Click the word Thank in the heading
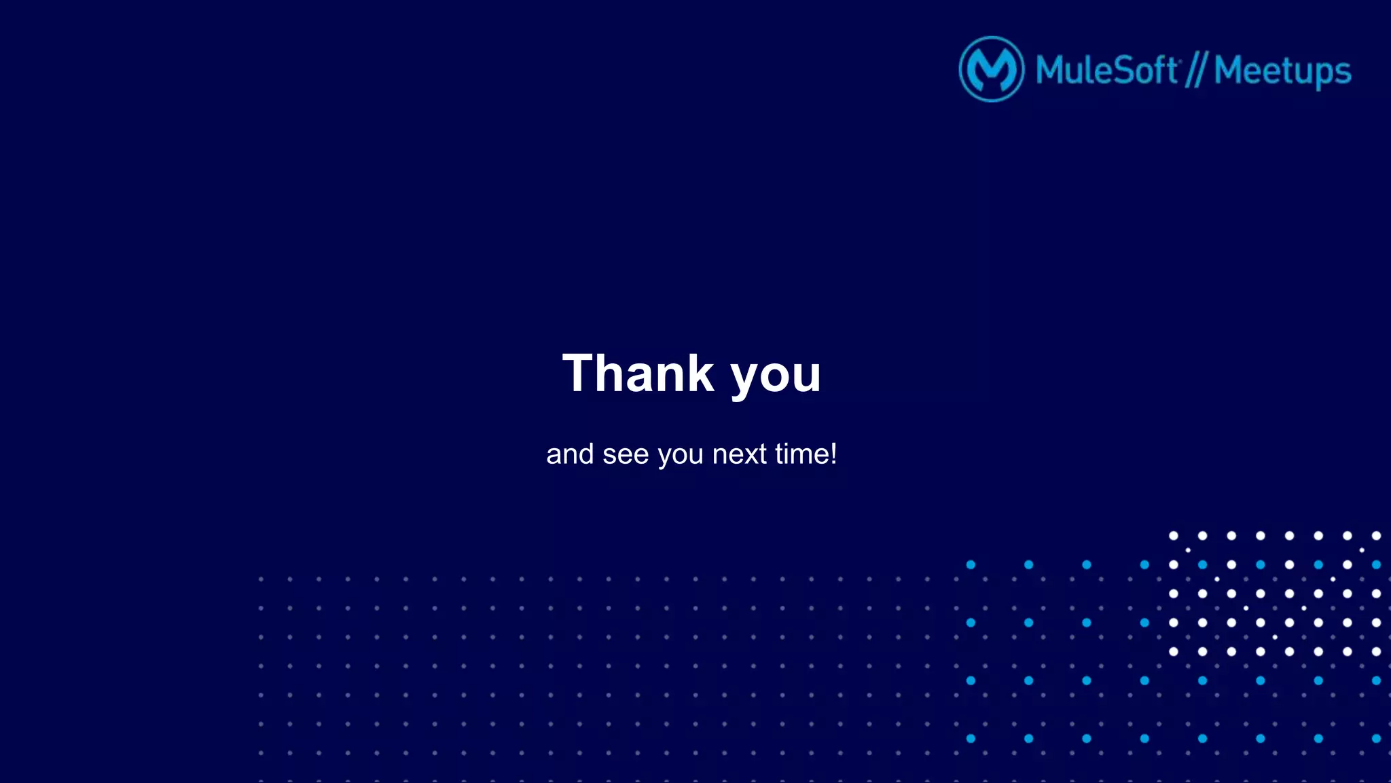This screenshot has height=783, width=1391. click(638, 374)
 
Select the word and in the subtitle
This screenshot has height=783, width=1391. click(570, 454)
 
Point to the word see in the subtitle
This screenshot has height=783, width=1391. click(626, 454)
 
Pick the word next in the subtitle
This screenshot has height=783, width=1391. click(740, 454)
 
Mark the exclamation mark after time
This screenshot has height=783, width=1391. click(833, 453)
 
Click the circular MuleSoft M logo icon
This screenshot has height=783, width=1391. click(992, 69)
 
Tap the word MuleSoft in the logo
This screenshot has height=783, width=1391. click(1107, 70)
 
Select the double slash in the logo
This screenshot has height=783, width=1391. click(1196, 70)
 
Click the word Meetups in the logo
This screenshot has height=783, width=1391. click(1282, 71)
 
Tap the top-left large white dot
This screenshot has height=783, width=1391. click(1173, 536)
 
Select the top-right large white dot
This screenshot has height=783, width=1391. click(1376, 536)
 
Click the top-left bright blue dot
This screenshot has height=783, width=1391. click(971, 565)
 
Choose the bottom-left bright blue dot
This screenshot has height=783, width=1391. click(971, 739)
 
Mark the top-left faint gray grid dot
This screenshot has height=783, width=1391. click(261, 579)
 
